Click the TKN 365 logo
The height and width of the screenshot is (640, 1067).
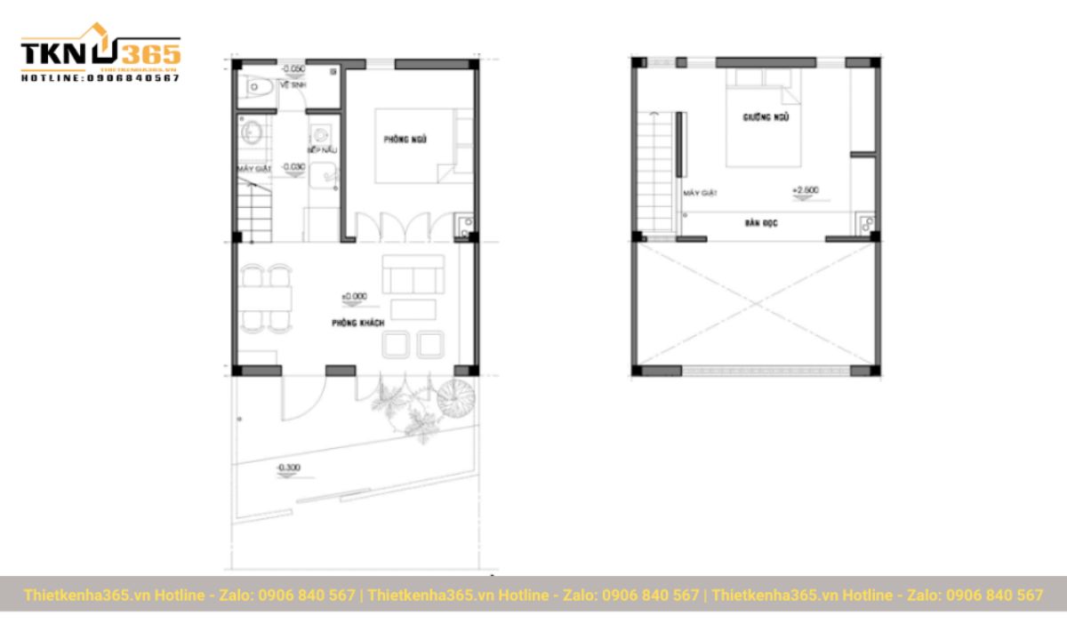[100, 53]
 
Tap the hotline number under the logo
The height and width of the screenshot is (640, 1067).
[100, 78]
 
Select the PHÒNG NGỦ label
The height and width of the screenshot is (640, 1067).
[406, 140]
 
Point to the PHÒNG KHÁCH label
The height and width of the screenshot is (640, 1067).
[357, 324]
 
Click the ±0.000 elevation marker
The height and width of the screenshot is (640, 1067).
[354, 296]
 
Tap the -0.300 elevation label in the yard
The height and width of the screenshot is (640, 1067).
[289, 467]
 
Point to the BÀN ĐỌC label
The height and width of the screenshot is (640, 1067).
[761, 223]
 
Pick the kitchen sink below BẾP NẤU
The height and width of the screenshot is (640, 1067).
[327, 176]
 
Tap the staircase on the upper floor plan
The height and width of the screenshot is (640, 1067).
[654, 173]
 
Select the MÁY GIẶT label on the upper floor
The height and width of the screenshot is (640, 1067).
[700, 193]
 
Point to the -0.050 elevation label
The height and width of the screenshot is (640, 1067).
[293, 68]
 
